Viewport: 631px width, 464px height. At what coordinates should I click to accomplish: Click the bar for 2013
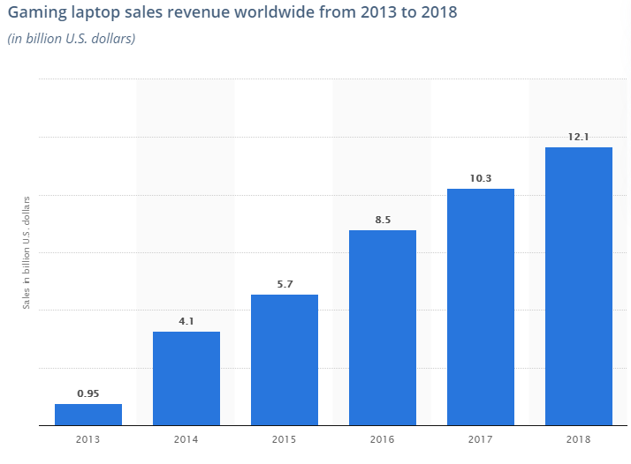pyautogui.click(x=88, y=415)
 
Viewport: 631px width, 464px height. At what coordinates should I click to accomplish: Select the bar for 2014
pyautogui.click(x=186, y=378)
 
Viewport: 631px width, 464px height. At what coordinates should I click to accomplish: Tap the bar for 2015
pyautogui.click(x=285, y=360)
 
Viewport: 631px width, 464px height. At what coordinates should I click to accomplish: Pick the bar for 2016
pyautogui.click(x=383, y=327)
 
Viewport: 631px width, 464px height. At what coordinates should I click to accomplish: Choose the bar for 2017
pyautogui.click(x=481, y=307)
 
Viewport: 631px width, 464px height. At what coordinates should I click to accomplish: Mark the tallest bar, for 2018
pyautogui.click(x=579, y=286)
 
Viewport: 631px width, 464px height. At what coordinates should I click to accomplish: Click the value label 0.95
pyautogui.click(x=88, y=393)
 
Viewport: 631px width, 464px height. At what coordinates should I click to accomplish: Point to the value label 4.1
pyautogui.click(x=186, y=321)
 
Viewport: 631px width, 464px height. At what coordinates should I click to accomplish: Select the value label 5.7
pyautogui.click(x=285, y=284)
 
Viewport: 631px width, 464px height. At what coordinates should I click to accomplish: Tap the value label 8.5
pyautogui.click(x=383, y=220)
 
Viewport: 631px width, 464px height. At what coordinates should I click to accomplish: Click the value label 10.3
pyautogui.click(x=481, y=178)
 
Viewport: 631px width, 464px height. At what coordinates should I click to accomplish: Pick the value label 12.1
pyautogui.click(x=579, y=137)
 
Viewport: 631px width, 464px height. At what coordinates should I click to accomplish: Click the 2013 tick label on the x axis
pyautogui.click(x=88, y=438)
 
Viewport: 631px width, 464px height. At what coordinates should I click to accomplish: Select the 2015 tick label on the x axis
pyautogui.click(x=285, y=438)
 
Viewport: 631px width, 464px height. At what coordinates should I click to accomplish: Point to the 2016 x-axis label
pyautogui.click(x=383, y=438)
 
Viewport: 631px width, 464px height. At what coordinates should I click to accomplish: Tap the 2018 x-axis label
pyautogui.click(x=579, y=438)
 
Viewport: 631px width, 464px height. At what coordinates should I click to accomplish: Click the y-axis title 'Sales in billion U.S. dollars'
pyautogui.click(x=27, y=251)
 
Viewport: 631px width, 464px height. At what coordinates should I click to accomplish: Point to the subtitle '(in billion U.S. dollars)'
pyautogui.click(x=71, y=39)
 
